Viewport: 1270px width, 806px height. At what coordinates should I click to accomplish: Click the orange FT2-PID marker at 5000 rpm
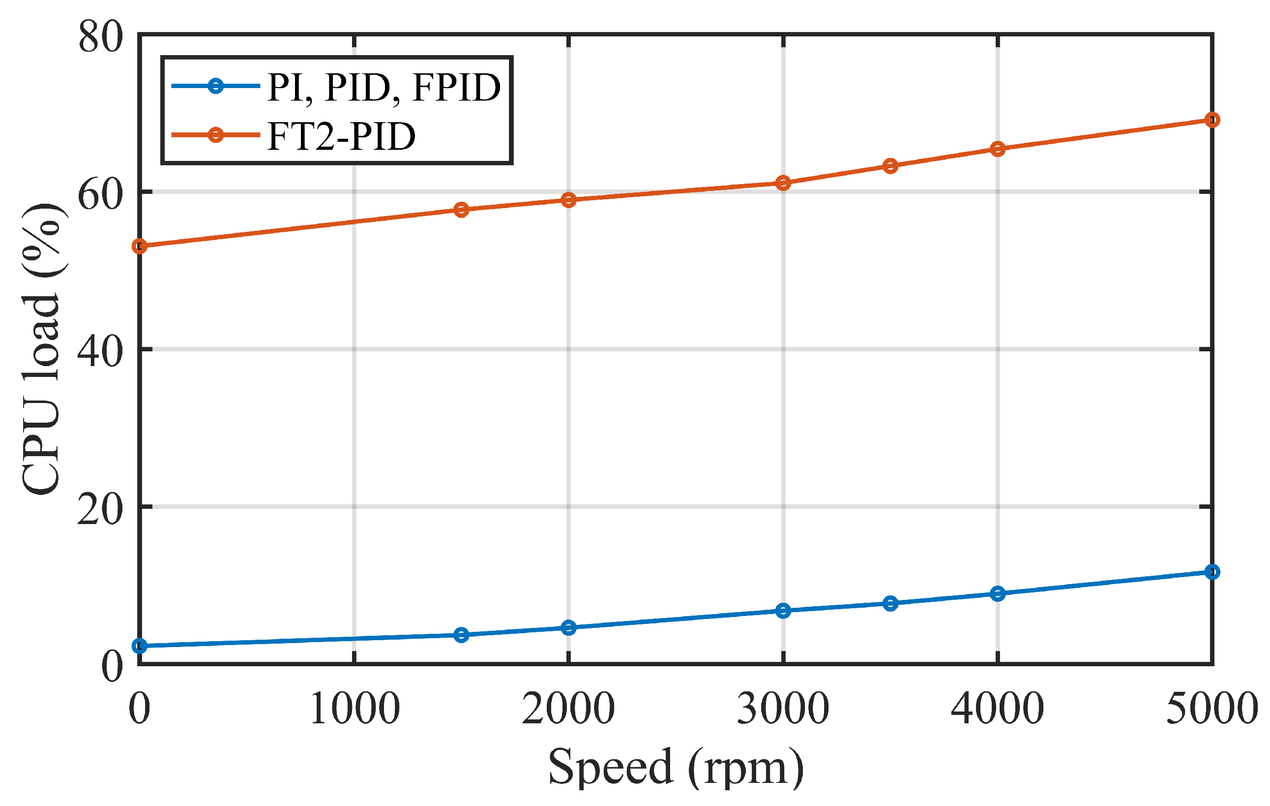(x=1212, y=120)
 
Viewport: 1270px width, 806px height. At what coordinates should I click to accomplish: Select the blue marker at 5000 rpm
(x=1212, y=572)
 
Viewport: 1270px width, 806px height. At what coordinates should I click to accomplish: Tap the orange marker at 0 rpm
(x=140, y=246)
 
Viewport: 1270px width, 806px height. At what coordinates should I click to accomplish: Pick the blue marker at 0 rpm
(x=140, y=646)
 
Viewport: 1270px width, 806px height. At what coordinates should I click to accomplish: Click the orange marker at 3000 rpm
(x=783, y=183)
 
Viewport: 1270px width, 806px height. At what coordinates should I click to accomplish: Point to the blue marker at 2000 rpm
(x=568, y=627)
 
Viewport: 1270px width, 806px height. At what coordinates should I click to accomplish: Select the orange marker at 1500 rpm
(x=462, y=210)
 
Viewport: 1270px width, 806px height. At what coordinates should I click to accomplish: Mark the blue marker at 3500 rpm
(x=890, y=603)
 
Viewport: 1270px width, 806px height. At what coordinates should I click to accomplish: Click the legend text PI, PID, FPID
(x=384, y=87)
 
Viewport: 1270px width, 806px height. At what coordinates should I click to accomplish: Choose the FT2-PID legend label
(x=342, y=137)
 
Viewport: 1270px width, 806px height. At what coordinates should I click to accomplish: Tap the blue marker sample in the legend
(x=215, y=86)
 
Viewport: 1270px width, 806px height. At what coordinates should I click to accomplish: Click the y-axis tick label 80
(x=100, y=38)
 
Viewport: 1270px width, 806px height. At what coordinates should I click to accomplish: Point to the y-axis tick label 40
(x=100, y=352)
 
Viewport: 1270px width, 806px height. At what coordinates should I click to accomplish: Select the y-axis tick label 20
(x=100, y=510)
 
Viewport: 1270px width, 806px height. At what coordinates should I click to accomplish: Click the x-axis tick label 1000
(x=354, y=709)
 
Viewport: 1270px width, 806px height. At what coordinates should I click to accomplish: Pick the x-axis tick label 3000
(x=783, y=709)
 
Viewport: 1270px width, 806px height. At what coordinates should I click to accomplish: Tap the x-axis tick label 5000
(x=1212, y=709)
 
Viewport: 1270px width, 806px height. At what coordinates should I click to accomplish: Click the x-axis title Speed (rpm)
(x=676, y=767)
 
